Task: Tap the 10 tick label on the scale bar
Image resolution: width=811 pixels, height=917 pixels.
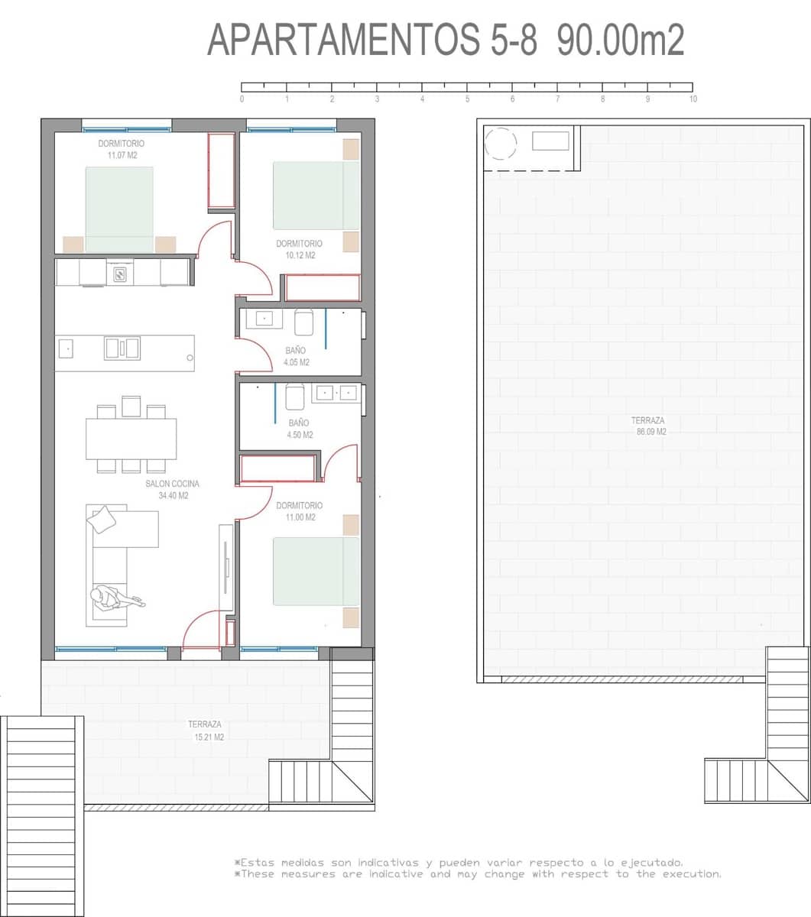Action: [x=693, y=99]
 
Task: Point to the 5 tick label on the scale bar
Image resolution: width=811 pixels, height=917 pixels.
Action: [x=467, y=99]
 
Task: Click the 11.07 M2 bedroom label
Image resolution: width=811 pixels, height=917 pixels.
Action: [x=122, y=150]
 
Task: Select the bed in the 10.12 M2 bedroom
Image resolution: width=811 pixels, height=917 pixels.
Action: [x=316, y=195]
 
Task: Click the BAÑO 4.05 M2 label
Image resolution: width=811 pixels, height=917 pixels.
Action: [x=297, y=357]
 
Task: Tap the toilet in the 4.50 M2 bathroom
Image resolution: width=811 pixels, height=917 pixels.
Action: [x=295, y=397]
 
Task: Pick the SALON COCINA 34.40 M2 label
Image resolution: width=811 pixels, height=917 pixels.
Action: [x=173, y=490]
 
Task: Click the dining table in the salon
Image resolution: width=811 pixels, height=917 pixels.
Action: [x=131, y=439]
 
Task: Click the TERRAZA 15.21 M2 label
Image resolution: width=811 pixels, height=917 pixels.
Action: [x=205, y=731]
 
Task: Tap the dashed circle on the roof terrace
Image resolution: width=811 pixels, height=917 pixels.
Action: [x=501, y=143]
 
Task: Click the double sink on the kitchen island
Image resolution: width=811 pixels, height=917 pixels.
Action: [x=122, y=348]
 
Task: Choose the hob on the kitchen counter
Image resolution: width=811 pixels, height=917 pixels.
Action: [x=120, y=273]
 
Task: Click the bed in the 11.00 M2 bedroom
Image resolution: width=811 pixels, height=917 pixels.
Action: [x=316, y=572]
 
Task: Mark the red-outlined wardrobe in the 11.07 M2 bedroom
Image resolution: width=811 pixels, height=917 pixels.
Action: [x=221, y=170]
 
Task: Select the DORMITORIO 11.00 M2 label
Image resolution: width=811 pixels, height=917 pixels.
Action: [x=299, y=511]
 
